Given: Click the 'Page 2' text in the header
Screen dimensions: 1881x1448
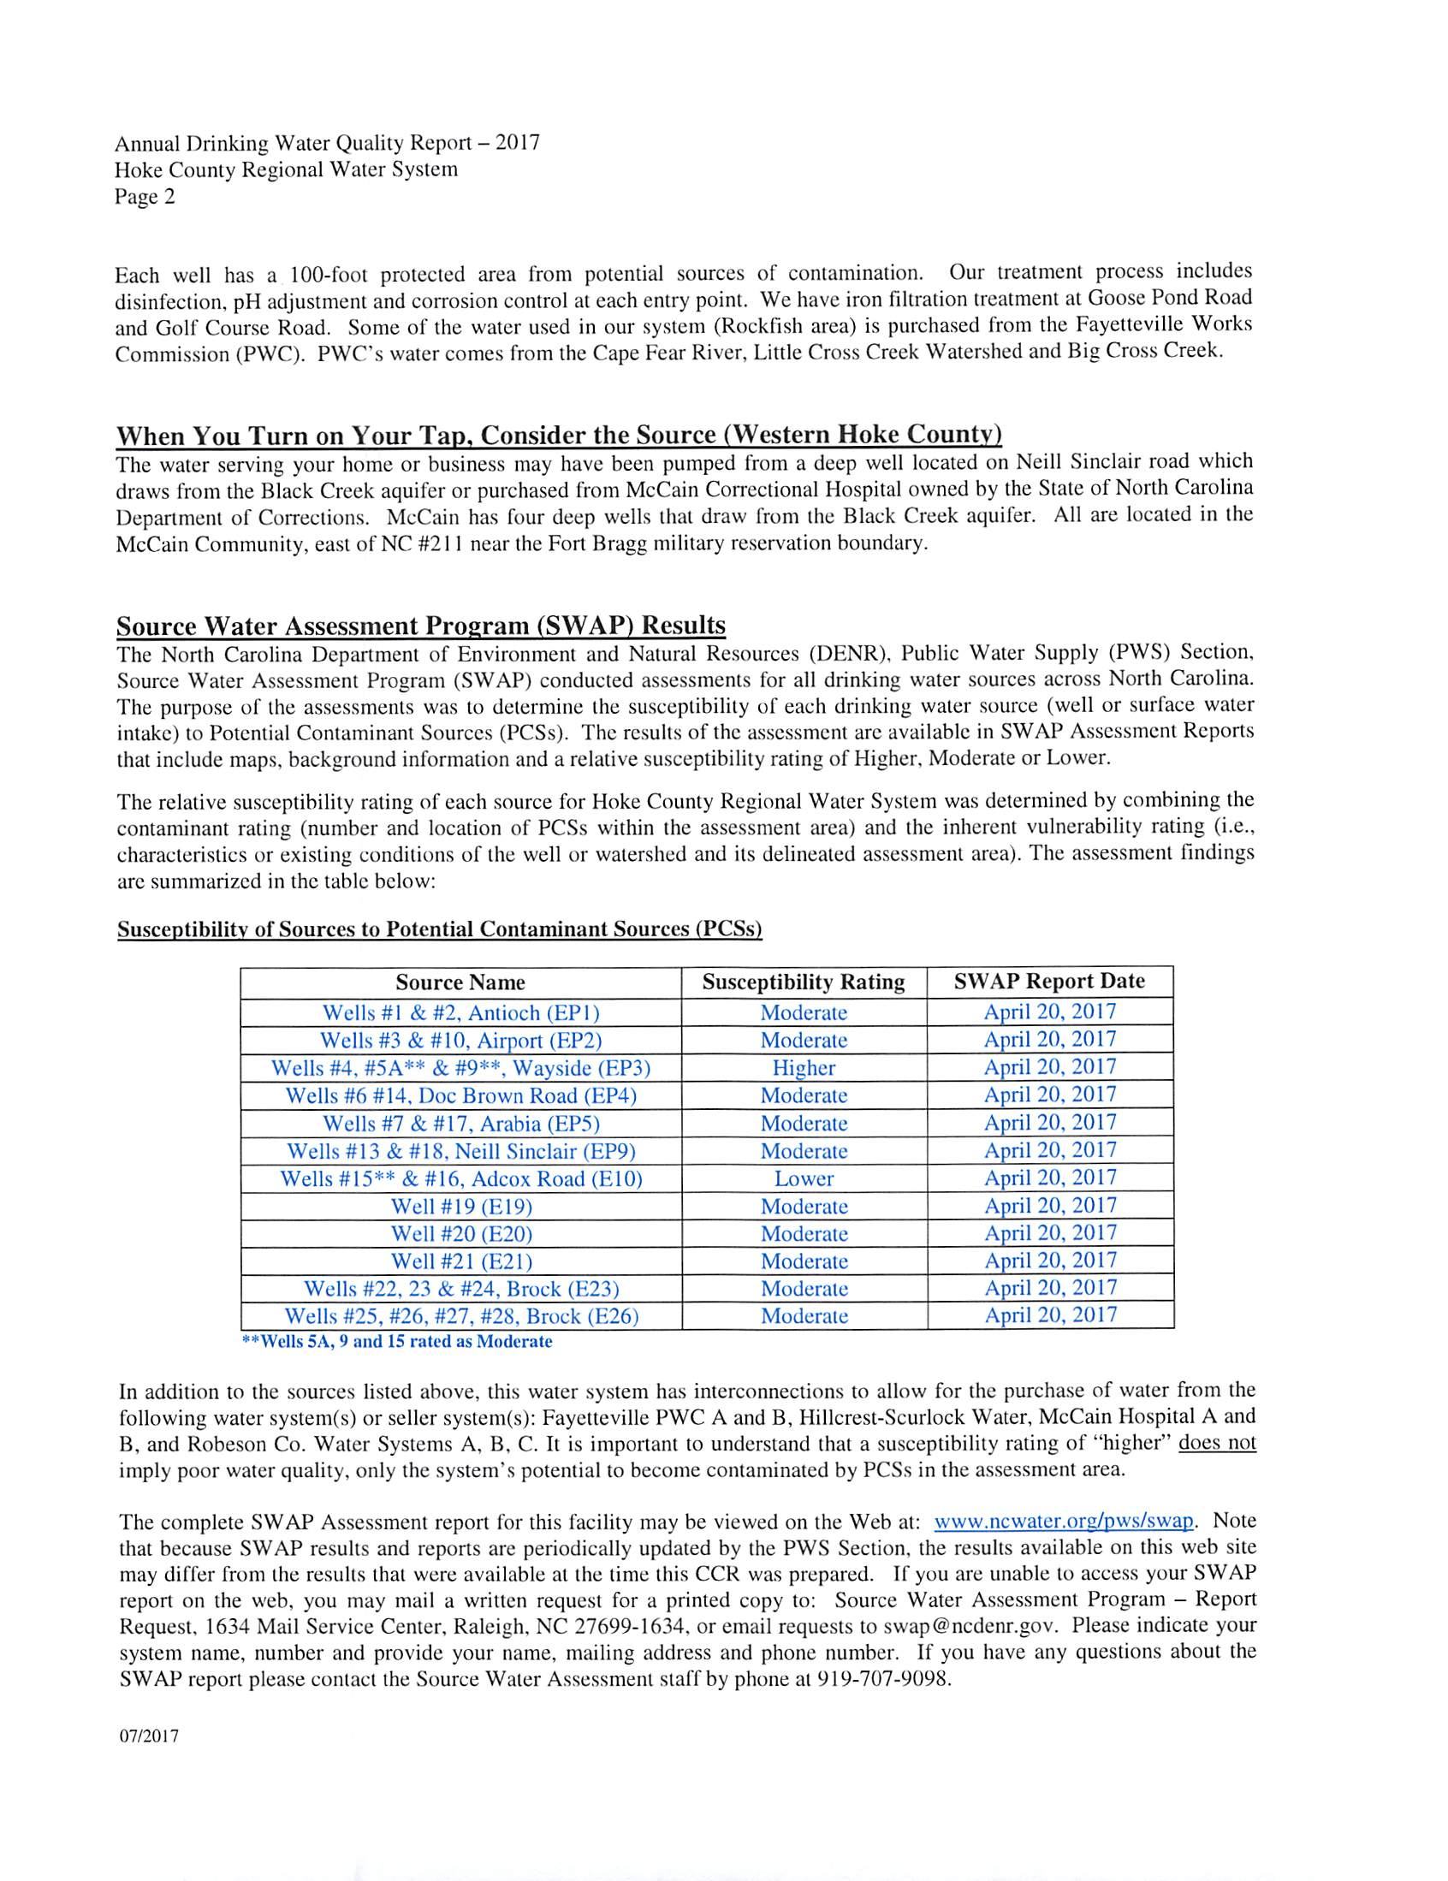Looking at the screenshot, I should (145, 197).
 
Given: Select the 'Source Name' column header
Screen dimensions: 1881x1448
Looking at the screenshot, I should (460, 982).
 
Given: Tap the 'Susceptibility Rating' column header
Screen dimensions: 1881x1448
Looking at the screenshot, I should (803, 982).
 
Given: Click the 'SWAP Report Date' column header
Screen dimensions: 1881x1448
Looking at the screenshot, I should (1049, 982).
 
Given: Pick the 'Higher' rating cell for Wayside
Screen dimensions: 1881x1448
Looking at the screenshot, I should (803, 1068).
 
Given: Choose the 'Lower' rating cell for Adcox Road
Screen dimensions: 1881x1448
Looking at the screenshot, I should (803, 1179).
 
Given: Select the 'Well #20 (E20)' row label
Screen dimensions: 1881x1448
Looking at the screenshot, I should (461, 1234).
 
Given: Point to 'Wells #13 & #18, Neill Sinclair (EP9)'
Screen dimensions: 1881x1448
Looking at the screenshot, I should (461, 1152).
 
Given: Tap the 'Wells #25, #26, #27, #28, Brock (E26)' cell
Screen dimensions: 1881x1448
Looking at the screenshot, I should (461, 1316).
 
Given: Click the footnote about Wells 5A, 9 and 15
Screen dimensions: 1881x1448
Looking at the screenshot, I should (397, 1342).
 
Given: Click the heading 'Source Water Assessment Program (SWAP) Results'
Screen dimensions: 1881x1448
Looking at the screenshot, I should (420, 626).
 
